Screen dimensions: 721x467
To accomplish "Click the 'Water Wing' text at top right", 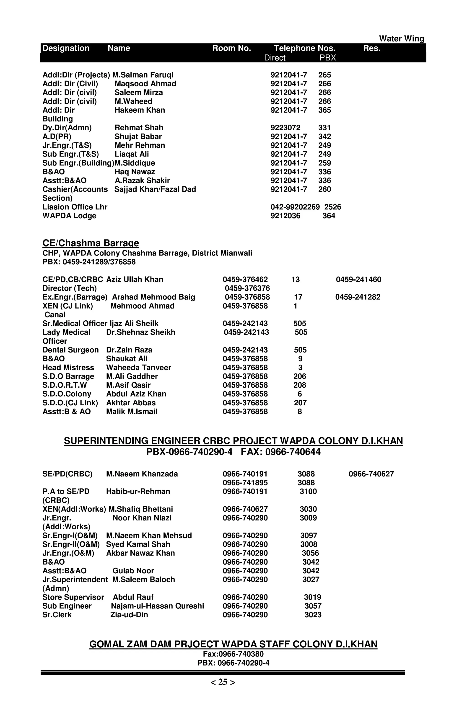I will [x=401, y=39].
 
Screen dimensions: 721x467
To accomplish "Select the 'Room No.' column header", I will [x=231, y=48].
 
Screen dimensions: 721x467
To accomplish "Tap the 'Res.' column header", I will [x=371, y=48].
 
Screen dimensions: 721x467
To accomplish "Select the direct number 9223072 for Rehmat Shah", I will [x=285, y=128].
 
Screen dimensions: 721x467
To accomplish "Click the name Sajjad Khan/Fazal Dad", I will [x=155, y=189].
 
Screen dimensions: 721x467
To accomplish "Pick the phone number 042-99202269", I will [x=295, y=207].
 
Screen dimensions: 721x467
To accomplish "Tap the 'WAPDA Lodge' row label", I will [x=69, y=216].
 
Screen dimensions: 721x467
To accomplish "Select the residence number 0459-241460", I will [x=358, y=279].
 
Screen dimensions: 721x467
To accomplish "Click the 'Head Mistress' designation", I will [x=68, y=368].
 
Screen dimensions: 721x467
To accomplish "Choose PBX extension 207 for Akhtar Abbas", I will [x=300, y=403].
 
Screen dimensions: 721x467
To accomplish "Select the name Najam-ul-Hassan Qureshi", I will [x=157, y=606].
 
